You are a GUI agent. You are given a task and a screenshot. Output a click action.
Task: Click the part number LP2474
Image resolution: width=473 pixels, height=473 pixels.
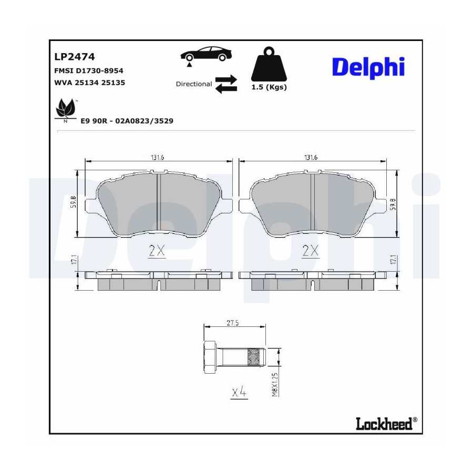point(75,57)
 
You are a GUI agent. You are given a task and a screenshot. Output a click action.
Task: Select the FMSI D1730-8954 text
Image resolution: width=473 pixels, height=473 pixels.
point(89,71)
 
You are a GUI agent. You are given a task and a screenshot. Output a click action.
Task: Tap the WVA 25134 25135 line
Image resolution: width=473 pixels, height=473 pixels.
point(89,83)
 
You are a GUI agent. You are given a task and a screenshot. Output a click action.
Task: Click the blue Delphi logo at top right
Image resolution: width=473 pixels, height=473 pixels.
point(368,67)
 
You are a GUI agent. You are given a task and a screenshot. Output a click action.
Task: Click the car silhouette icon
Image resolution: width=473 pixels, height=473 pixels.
point(206,54)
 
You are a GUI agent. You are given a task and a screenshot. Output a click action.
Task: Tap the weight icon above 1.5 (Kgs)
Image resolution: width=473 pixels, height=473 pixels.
point(269,64)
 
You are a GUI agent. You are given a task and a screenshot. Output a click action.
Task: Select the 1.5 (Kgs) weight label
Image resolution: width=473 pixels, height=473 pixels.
point(269,87)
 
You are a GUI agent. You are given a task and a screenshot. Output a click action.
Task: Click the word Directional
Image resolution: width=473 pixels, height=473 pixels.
point(194,84)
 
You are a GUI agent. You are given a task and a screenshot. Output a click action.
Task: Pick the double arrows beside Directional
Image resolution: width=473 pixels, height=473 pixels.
point(226,84)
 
